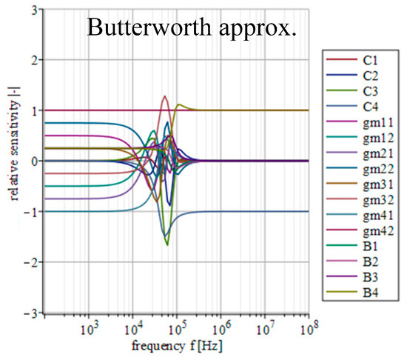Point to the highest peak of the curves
pyautogui.click(x=165, y=96)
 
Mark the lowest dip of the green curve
pyautogui.click(x=167, y=244)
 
